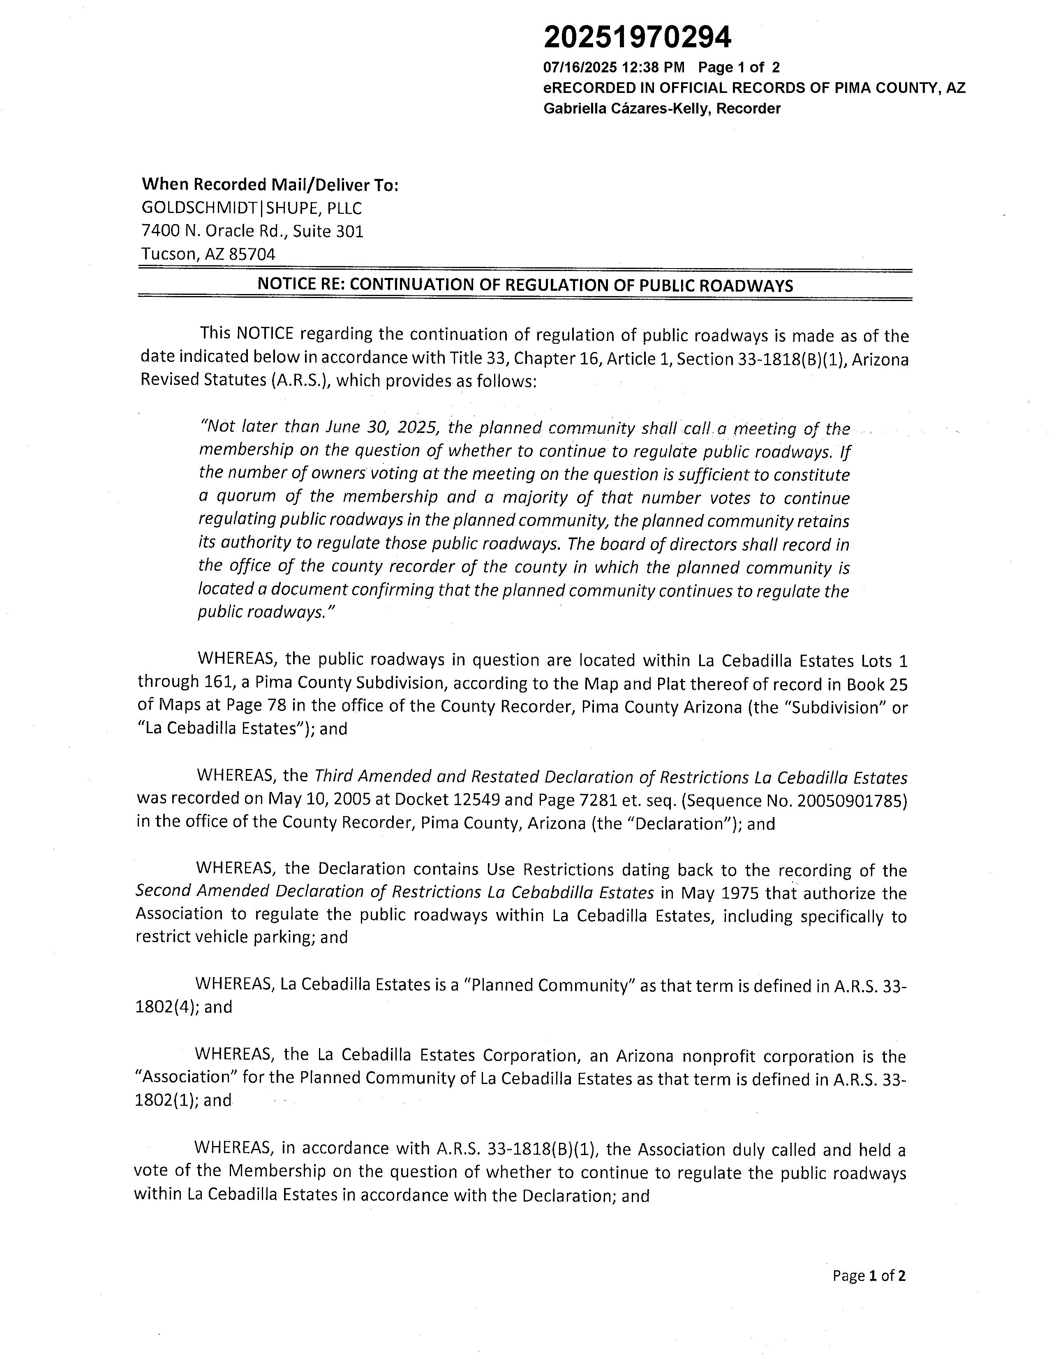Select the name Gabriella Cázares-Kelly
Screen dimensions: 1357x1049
(x=627, y=109)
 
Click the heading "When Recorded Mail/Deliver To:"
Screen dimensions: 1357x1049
(x=270, y=185)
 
